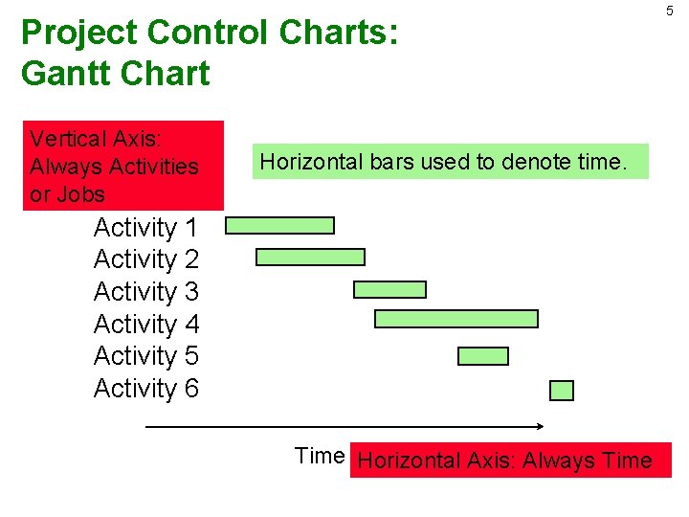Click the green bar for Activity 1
point(280,226)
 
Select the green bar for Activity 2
point(311,257)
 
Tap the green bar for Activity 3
point(389,289)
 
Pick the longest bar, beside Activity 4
point(456,319)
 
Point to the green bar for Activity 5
point(483,356)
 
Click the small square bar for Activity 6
point(562,391)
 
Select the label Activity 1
point(146,228)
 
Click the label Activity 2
point(146,259)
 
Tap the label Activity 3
point(146,291)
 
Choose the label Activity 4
point(146,325)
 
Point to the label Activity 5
point(146,356)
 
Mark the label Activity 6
point(146,389)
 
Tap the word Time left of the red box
point(319,456)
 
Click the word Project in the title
point(79,33)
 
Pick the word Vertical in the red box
point(68,139)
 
